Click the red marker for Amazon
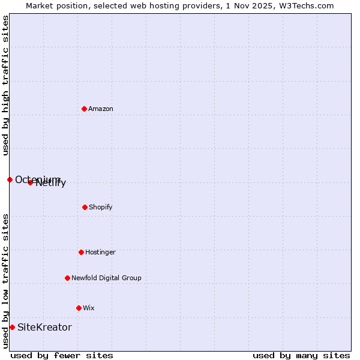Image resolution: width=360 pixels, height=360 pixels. point(84,109)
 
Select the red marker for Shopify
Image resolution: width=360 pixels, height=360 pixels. point(85,207)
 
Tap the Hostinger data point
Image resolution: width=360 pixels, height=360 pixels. point(81,252)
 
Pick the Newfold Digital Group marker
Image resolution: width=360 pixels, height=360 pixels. point(67,278)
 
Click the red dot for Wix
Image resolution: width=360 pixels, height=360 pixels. point(79,308)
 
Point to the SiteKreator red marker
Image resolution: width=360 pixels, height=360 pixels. point(12,327)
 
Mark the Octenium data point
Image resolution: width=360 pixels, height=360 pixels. point(10,179)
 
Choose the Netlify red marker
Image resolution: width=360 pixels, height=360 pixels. point(30,182)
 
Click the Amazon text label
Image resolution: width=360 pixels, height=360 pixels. point(101,109)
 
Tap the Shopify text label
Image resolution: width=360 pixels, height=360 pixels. point(101,207)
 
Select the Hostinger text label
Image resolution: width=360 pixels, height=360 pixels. point(100,252)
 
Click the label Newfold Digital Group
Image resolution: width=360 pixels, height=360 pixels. point(106,278)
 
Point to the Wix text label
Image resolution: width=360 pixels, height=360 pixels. point(89,308)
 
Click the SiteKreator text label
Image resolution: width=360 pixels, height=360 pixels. point(44,327)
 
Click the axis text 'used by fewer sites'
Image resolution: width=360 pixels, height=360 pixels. point(62,355)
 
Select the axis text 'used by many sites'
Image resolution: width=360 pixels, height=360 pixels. point(301,355)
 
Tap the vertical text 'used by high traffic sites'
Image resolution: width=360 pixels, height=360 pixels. point(5,85)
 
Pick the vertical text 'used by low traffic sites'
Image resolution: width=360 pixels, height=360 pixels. point(5,281)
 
